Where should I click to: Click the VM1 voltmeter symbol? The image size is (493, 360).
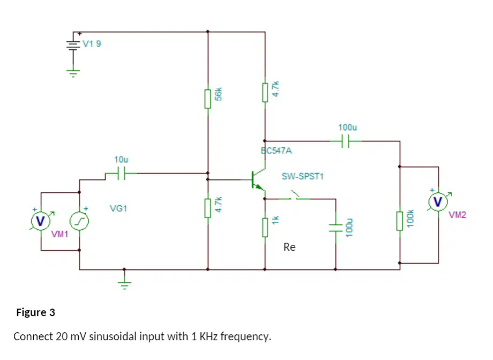point(41,221)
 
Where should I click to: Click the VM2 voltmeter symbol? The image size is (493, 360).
point(438,201)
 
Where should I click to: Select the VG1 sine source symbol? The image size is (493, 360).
point(79,221)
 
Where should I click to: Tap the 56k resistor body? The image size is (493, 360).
point(207,99)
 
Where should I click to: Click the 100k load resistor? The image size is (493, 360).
point(400,221)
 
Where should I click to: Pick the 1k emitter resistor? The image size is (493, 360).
point(265,227)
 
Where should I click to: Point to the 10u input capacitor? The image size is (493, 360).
point(121,173)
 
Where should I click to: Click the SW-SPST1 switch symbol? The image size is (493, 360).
point(295,196)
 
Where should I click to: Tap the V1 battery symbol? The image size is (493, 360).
point(73,45)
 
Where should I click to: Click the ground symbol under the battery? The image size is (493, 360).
point(73,73)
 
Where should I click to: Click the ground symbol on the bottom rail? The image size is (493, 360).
point(124,285)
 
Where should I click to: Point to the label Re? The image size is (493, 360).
point(289,247)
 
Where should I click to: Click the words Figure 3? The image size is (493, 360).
point(35,312)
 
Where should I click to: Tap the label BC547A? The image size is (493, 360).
point(277,151)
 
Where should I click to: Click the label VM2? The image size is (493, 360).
point(457,215)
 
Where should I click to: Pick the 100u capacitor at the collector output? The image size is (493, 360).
point(345,141)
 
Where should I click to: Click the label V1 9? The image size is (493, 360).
point(92,44)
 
